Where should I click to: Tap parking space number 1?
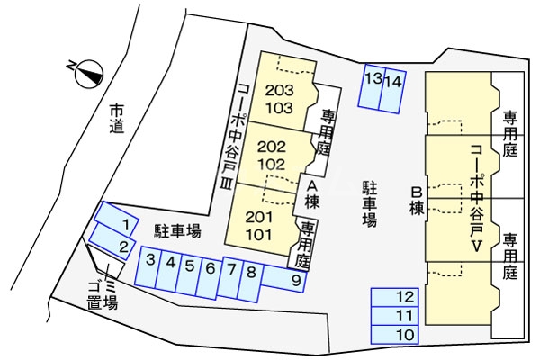[127, 224]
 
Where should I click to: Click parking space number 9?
[295, 280]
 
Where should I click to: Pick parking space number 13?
[373, 79]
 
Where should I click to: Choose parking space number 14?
[392, 81]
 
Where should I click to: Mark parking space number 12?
[406, 296]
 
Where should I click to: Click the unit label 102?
[271, 164]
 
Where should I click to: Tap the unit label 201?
[259, 217]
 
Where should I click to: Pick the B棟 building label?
[417, 199]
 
